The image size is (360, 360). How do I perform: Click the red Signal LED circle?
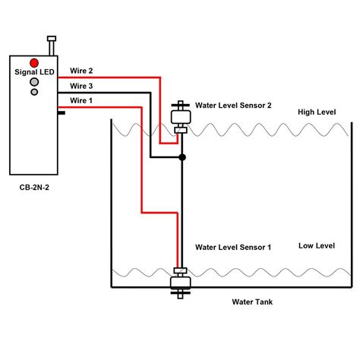35,62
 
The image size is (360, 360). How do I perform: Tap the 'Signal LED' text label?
35,72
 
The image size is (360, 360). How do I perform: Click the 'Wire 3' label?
82,85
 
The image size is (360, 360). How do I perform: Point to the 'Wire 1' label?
82,100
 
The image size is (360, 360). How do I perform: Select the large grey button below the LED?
35,81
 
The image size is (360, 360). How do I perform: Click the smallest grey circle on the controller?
35,92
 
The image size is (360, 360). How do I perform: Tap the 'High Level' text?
316,112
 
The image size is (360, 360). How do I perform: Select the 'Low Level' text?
316,245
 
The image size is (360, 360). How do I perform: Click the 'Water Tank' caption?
252,302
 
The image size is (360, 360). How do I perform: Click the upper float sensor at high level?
182,118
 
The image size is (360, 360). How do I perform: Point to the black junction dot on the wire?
182,158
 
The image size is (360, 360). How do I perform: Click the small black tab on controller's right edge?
60,113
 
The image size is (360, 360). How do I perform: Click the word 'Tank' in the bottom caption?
265,302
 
